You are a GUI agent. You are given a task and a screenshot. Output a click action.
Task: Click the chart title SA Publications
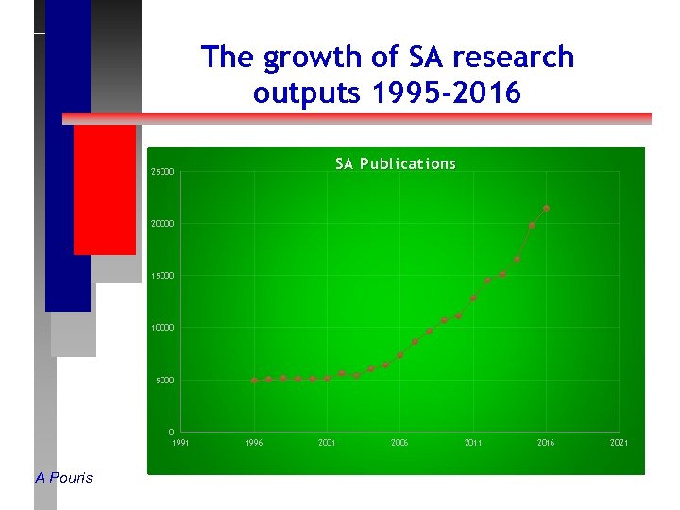tap(396, 164)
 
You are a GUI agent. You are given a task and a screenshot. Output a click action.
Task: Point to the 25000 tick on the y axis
tap(162, 172)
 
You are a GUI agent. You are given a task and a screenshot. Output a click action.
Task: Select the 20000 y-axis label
tap(162, 224)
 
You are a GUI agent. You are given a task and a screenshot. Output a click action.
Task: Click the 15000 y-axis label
tap(162, 276)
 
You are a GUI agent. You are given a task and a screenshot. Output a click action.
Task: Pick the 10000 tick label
tap(162, 328)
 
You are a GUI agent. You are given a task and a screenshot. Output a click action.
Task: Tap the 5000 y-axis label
tap(165, 381)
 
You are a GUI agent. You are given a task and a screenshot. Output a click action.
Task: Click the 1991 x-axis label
tap(180, 443)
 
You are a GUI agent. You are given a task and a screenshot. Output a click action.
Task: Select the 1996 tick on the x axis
tap(254, 443)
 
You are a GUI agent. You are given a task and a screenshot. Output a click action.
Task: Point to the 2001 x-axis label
tap(327, 443)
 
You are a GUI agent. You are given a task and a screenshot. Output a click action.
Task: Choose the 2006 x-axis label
tap(400, 443)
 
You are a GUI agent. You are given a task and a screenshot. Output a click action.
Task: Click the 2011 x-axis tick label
tap(473, 443)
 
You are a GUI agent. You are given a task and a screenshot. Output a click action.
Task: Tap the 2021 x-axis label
tap(620, 443)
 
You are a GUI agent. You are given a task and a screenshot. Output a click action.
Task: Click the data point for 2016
tap(547, 208)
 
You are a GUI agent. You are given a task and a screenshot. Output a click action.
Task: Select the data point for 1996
tap(254, 381)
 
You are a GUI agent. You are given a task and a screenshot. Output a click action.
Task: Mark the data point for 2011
tap(473, 298)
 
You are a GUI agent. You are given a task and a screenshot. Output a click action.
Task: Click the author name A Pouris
tap(64, 478)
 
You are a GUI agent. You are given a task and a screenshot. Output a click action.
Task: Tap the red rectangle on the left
tap(104, 189)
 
